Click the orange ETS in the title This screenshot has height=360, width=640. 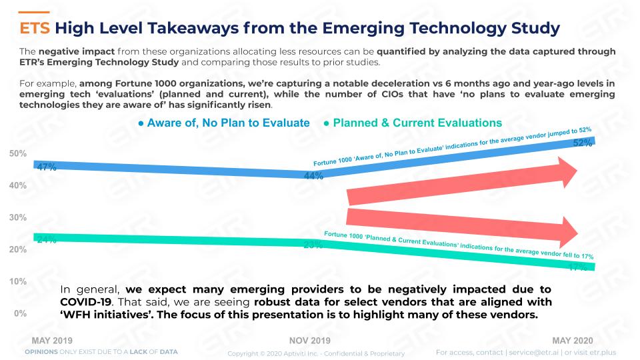[35, 28]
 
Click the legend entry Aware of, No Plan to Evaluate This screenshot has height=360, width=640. [224, 123]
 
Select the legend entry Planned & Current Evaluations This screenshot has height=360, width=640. [413, 123]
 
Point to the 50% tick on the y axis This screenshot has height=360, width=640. [18, 153]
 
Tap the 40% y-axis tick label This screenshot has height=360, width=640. [18, 185]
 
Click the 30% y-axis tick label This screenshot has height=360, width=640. [18, 217]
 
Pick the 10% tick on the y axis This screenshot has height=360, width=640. [18, 281]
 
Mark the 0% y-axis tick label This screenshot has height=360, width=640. [20, 313]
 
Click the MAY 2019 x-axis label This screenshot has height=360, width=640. [52, 341]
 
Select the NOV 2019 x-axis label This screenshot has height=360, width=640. [310, 341]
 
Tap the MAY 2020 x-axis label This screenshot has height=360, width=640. [572, 341]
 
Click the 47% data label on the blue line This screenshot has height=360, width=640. [47, 167]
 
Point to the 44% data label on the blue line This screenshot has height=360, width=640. [313, 175]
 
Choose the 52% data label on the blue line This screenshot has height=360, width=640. [583, 143]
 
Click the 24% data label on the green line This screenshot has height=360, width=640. [47, 239]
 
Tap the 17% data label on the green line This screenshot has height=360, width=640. [577, 267]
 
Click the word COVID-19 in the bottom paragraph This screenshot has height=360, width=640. [86, 302]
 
